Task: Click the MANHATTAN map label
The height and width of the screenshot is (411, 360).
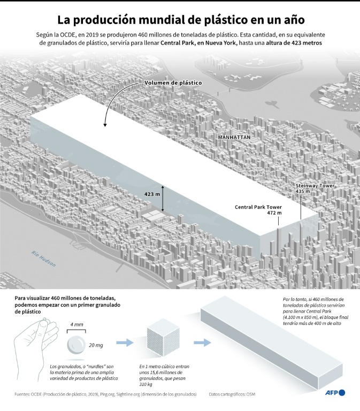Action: [x=234, y=138]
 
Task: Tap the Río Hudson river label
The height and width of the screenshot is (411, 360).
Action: [x=43, y=258]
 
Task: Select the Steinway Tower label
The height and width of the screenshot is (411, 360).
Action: [x=315, y=186]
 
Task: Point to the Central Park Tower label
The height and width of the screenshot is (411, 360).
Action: [x=258, y=207]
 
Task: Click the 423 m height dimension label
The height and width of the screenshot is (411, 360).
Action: [x=152, y=194]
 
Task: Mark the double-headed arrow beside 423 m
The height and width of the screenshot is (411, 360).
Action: [x=163, y=199]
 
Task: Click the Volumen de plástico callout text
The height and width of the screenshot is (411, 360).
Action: [x=173, y=83]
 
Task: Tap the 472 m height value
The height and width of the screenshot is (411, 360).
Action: [x=274, y=213]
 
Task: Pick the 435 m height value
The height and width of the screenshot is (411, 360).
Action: [x=303, y=192]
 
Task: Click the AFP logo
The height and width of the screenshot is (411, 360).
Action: [x=335, y=393]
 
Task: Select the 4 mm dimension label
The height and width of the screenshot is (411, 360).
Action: [x=76, y=324]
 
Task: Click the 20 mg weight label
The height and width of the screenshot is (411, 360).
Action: [x=96, y=345]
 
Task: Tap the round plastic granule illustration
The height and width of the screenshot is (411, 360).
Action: [x=76, y=345]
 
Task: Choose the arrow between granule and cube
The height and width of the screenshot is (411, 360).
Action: [x=125, y=342]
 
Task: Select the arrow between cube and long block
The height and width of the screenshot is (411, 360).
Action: [x=203, y=342]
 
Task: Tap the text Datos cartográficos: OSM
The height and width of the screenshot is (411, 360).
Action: [x=232, y=394]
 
